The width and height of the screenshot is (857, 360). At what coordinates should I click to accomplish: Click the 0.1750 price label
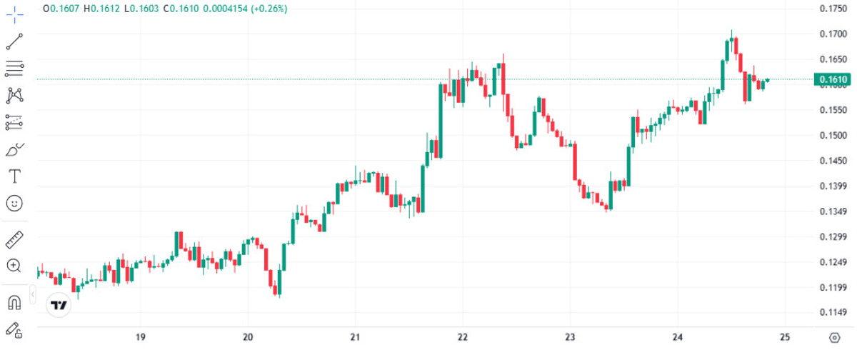833,8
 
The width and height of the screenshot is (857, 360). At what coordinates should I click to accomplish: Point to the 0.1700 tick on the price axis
833,34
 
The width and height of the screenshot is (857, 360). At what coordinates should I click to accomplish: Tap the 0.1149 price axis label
833,312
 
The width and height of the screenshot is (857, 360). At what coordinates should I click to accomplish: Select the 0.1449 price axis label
833,161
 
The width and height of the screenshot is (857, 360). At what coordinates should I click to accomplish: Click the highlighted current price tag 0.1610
832,79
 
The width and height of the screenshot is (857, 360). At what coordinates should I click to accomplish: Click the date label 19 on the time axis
141,337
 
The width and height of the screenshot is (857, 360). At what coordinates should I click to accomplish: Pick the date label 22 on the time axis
463,337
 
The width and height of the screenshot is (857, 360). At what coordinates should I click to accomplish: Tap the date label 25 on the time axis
785,337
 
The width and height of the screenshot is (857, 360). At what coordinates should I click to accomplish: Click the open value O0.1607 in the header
61,9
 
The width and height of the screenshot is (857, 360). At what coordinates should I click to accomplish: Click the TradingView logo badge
59,305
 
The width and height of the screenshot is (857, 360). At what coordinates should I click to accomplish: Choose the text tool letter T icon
14,176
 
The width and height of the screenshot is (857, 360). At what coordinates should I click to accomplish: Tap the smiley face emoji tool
14,204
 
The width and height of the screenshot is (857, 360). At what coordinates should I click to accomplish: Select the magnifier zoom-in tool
14,266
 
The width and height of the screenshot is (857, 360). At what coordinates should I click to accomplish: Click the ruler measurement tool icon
14,239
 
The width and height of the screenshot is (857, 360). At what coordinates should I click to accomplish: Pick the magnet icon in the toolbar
14,302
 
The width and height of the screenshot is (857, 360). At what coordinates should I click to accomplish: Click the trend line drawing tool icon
14,41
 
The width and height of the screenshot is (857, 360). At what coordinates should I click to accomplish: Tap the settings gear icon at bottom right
834,338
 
